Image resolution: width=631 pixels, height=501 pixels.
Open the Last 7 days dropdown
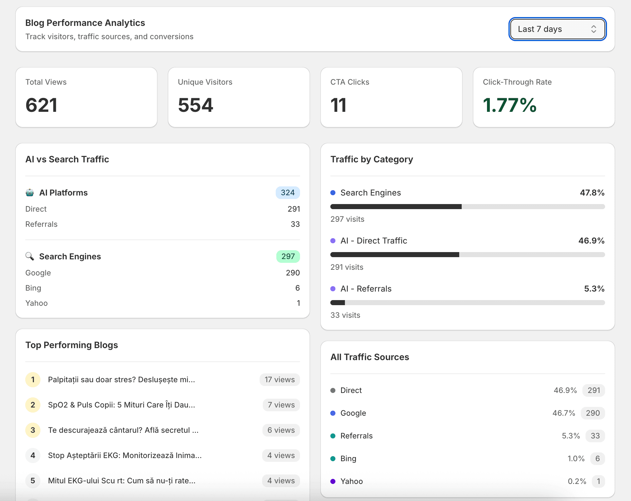(x=557, y=29)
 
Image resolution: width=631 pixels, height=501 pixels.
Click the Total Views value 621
(x=41, y=105)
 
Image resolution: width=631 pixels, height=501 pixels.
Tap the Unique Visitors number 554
(x=195, y=105)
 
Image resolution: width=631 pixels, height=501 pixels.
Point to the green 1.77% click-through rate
(x=509, y=105)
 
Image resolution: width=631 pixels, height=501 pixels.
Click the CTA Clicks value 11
(x=338, y=105)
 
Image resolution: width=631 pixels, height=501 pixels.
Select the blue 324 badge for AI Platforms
(x=287, y=193)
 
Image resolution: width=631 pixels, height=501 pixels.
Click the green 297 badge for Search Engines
(x=288, y=257)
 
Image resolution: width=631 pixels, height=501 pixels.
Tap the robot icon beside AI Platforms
(x=30, y=193)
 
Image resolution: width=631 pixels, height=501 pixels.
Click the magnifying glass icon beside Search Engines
(x=30, y=256)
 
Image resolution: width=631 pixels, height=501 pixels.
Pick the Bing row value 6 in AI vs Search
(x=297, y=288)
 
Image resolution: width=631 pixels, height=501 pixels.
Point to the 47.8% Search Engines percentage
(x=592, y=193)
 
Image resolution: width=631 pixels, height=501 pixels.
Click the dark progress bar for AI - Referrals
(x=338, y=303)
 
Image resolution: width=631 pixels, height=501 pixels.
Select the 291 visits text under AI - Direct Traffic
(x=347, y=267)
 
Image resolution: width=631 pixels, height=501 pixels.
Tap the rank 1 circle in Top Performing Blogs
(x=33, y=380)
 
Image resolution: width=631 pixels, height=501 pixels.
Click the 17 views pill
(x=279, y=380)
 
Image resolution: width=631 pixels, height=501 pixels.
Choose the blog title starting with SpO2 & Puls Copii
(x=121, y=405)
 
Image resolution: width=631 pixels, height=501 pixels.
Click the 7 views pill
(x=281, y=405)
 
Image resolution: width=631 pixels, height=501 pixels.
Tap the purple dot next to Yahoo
(x=333, y=481)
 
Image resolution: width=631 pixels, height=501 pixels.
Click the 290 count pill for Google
(x=592, y=413)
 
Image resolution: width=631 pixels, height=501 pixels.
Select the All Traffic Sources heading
(x=370, y=357)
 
